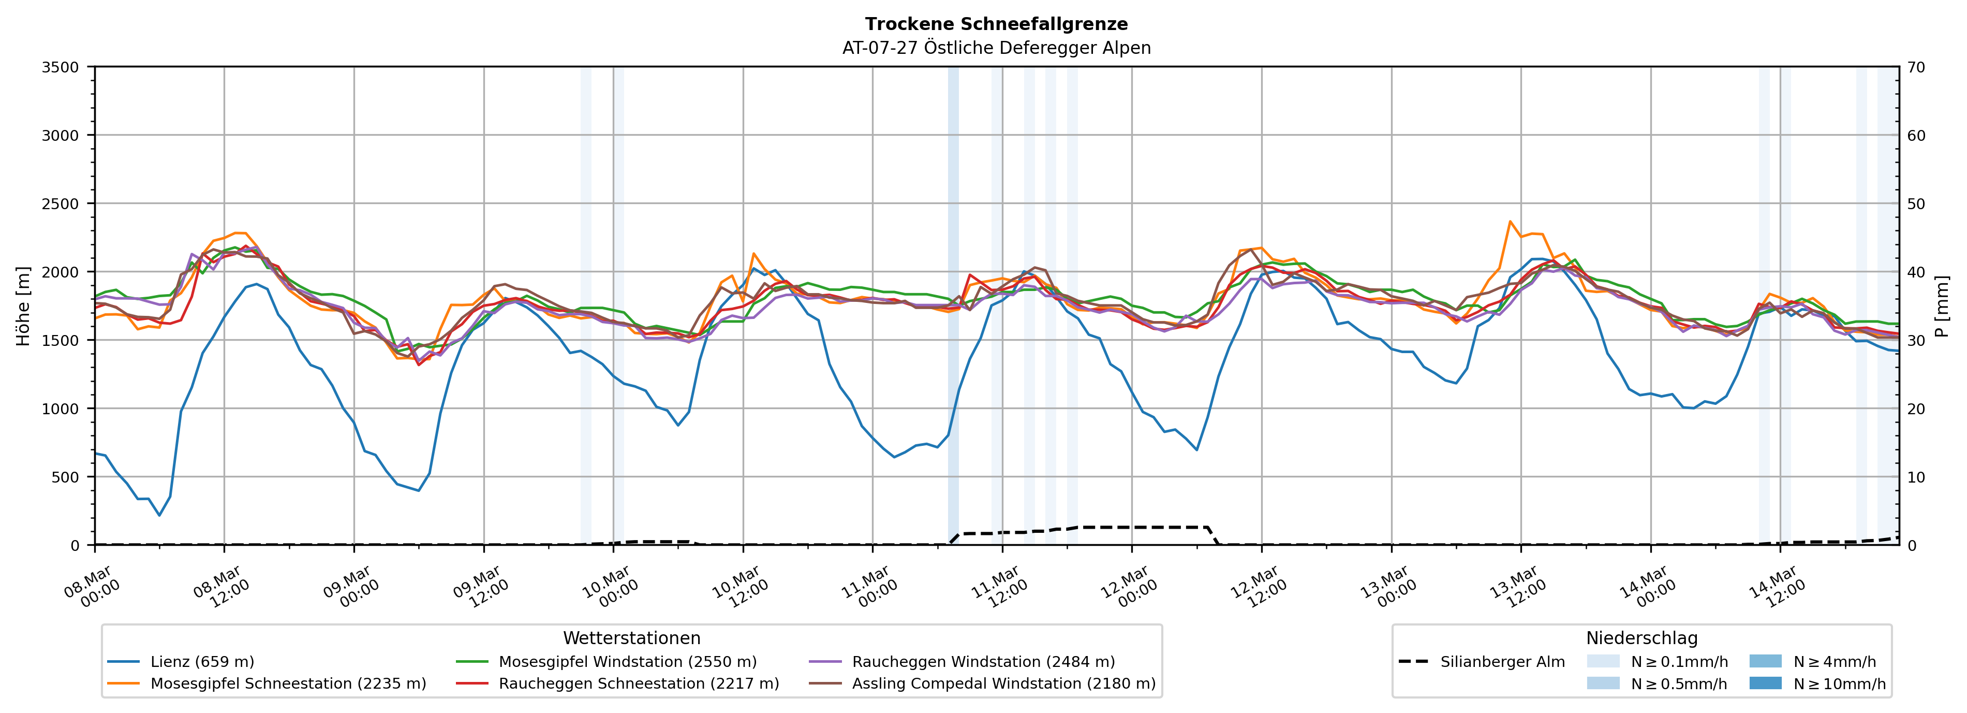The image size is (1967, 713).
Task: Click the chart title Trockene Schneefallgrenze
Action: [x=996, y=24]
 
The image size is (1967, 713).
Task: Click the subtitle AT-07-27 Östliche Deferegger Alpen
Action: [x=996, y=48]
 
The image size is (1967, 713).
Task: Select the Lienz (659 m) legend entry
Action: [x=202, y=662]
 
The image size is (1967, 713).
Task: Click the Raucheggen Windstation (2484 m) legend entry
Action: [x=983, y=662]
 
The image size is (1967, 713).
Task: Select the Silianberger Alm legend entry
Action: [x=1502, y=662]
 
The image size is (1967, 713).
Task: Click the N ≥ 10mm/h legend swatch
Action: [x=1765, y=683]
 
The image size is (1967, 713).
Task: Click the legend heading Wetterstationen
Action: [x=631, y=638]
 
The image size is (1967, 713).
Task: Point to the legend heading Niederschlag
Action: [x=1641, y=638]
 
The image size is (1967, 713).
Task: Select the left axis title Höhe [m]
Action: [x=24, y=305]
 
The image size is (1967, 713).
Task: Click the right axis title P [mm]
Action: [x=1942, y=305]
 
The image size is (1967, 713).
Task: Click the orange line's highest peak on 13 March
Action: [x=1510, y=222]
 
